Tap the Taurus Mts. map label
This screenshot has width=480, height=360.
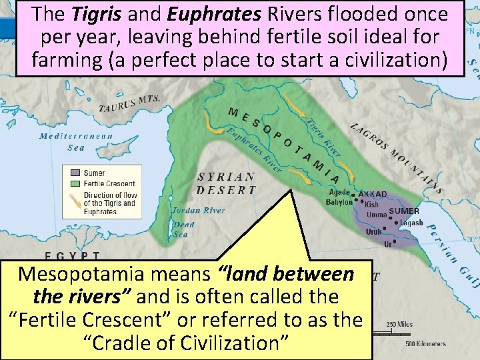(129, 104)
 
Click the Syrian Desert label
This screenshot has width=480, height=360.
(227, 183)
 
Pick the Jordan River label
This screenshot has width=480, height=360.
(198, 211)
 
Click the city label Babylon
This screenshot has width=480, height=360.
(339, 202)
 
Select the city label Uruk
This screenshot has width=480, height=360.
(373, 232)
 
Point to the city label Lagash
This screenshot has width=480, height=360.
(411, 223)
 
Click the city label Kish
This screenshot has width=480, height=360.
(371, 205)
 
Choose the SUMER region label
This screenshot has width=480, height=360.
(404, 211)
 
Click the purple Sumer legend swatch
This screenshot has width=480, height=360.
(75, 173)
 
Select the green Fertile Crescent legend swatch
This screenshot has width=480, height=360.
(75, 183)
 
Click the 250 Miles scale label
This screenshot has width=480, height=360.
(399, 325)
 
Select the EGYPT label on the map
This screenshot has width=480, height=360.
(73, 255)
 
